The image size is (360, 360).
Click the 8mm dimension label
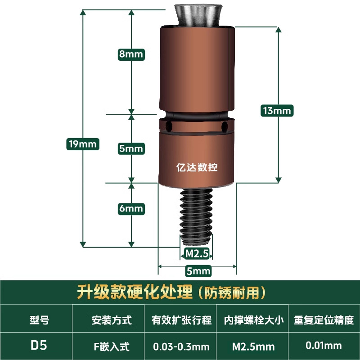(x=130, y=54)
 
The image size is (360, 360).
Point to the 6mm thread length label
(x=131, y=208)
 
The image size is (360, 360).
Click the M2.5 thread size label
(x=197, y=254)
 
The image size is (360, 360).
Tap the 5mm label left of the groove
(x=131, y=148)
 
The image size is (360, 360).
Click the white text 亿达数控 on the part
(x=197, y=167)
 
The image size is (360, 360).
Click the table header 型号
(x=39, y=320)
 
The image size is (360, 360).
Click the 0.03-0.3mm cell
(x=181, y=346)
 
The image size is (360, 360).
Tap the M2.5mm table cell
(x=253, y=346)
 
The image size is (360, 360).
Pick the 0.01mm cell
(x=324, y=346)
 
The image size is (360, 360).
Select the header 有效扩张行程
(x=181, y=320)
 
